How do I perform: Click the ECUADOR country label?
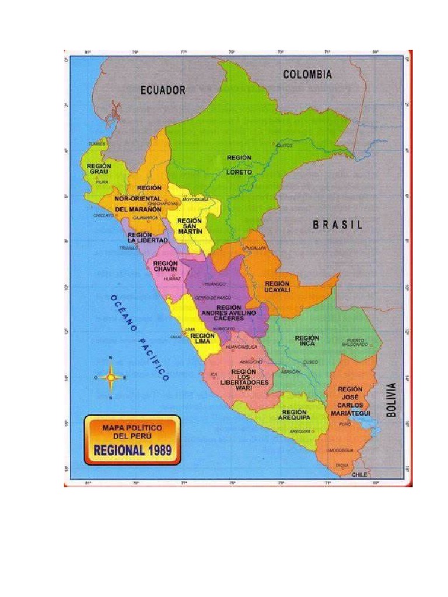point(163,90)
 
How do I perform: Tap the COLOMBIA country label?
point(307,75)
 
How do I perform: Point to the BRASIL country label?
point(337,224)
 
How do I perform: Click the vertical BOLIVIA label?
point(391,399)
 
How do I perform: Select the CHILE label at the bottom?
point(360,475)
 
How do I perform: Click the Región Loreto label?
point(239,165)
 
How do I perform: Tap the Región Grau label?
point(99,169)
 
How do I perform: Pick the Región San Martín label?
point(190,226)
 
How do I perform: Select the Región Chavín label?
point(165,266)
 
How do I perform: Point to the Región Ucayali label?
point(277,286)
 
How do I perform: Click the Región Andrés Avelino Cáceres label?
point(229,312)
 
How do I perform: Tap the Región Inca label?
point(307,341)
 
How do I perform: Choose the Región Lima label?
point(202,339)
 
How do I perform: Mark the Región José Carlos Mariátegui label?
point(350,401)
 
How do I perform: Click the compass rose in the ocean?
point(110,377)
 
